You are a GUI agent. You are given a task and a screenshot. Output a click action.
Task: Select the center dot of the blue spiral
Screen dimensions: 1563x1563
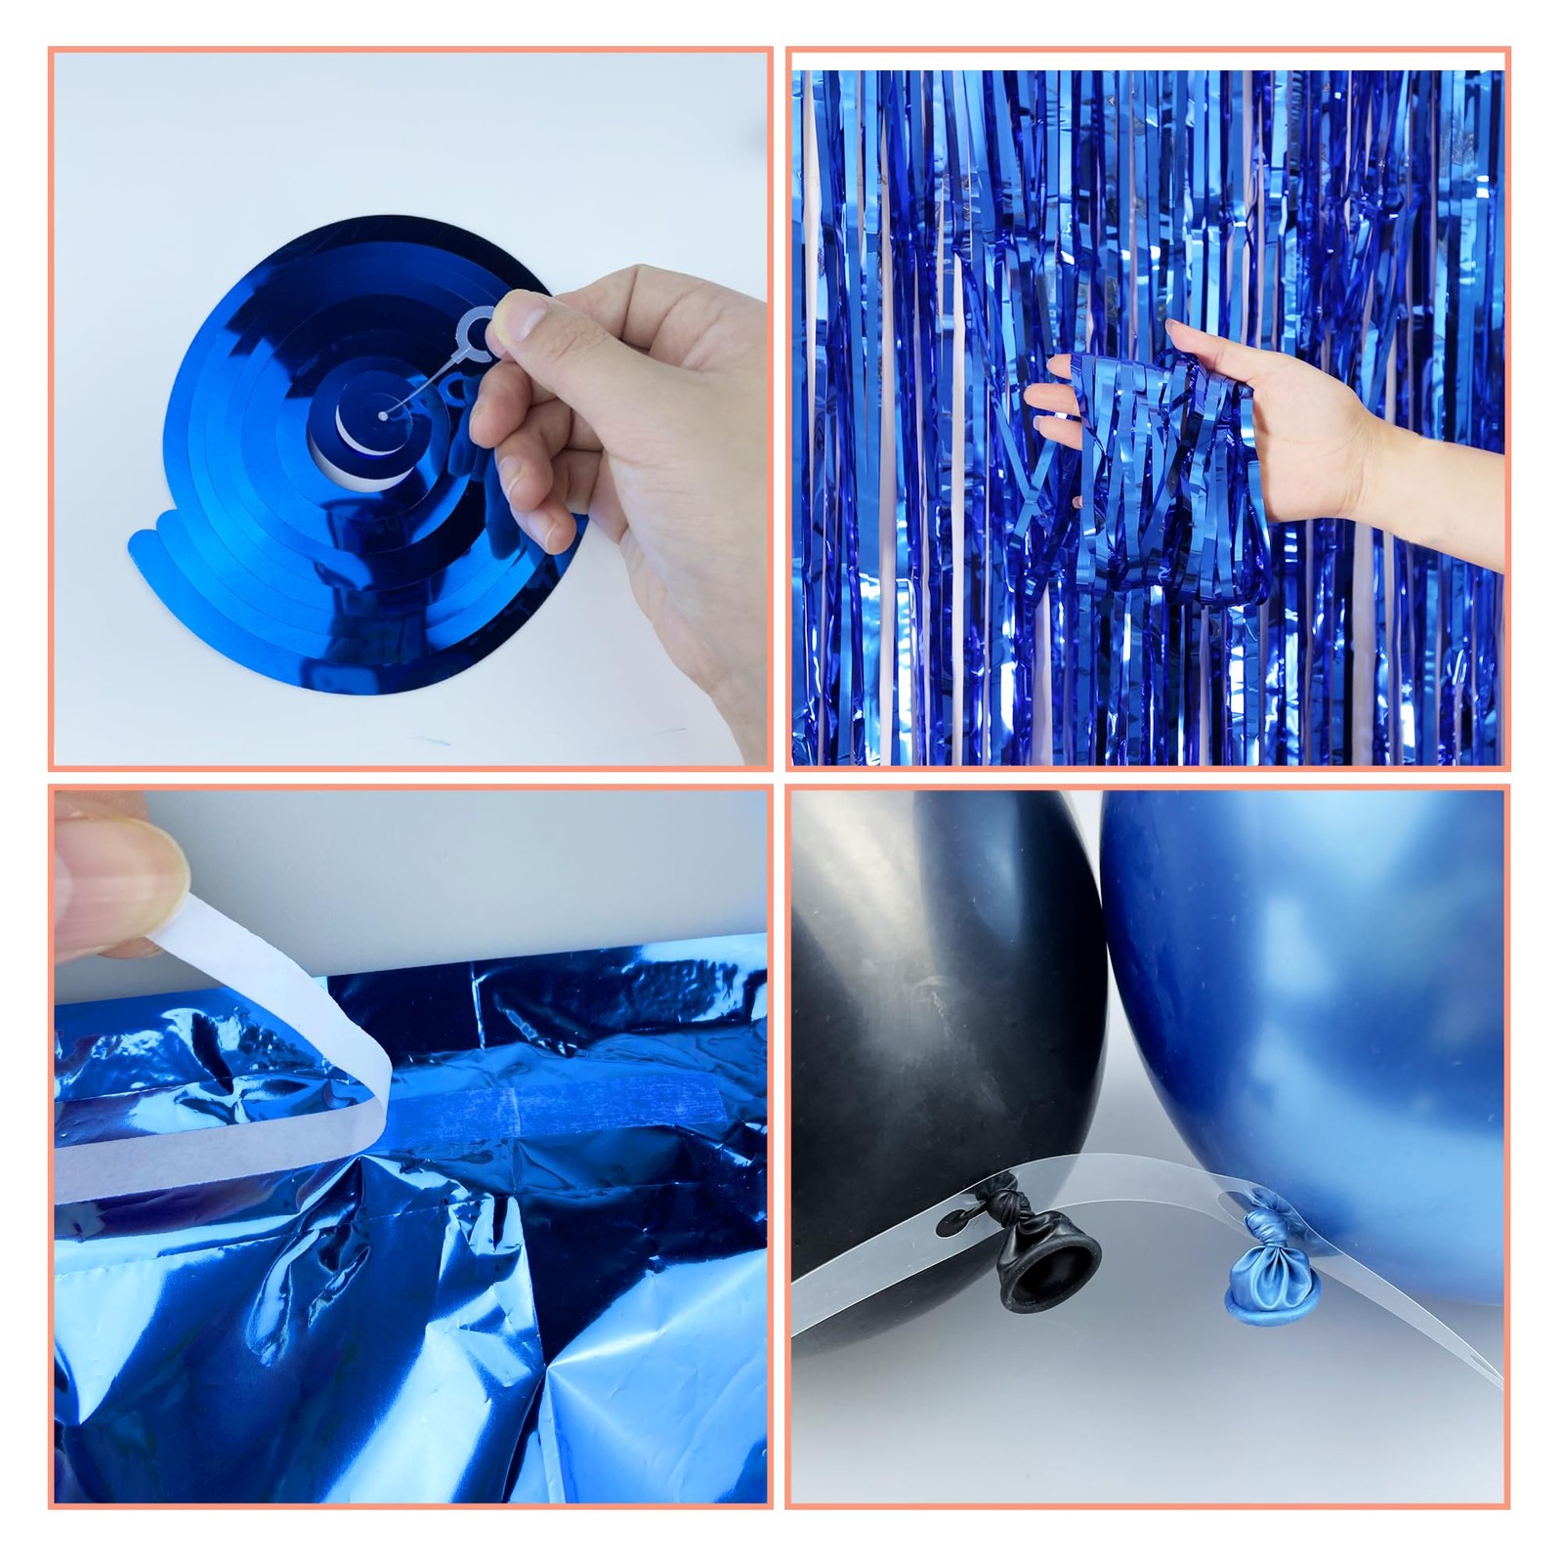(383, 415)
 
